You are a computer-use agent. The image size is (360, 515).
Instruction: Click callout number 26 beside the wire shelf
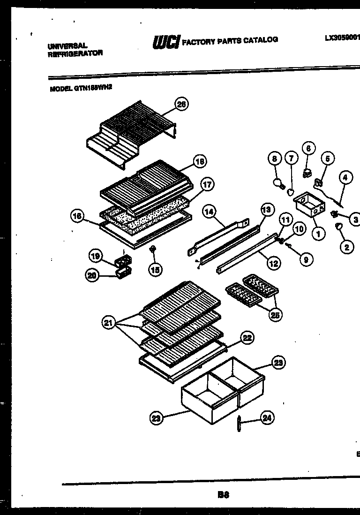click(181, 105)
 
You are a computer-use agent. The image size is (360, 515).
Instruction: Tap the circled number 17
click(206, 184)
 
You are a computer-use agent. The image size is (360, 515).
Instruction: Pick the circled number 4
click(345, 178)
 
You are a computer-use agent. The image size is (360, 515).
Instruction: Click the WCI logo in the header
click(165, 43)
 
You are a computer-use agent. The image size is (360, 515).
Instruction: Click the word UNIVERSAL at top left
click(67, 46)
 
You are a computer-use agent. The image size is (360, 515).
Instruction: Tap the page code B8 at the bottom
click(223, 494)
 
